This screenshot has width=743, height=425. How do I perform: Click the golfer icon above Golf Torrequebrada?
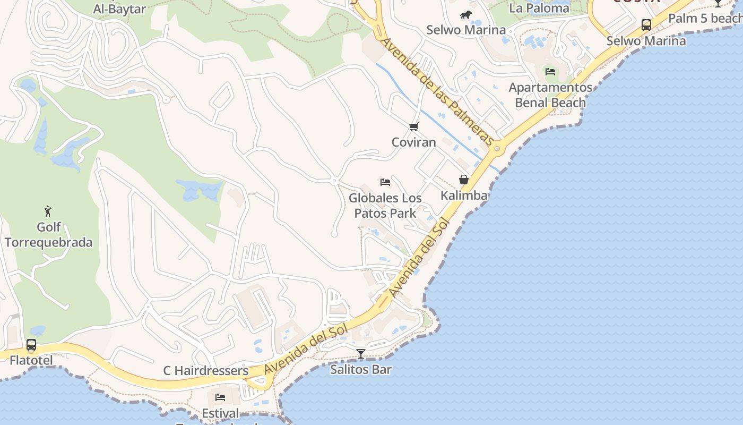coord(48,211)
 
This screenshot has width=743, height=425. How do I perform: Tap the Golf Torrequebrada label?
coord(49,235)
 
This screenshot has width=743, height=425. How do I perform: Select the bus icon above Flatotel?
coord(31,345)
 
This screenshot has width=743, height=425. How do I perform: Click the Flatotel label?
coord(31,361)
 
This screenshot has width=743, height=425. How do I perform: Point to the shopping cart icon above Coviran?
coord(413,127)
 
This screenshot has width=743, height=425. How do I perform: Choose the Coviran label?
coord(413,142)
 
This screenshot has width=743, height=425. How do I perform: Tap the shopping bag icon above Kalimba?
coord(464,180)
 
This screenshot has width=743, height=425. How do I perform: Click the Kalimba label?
coord(464,195)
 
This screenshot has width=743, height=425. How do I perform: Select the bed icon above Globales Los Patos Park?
coord(385,182)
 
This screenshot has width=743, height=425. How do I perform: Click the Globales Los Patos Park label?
coord(385,206)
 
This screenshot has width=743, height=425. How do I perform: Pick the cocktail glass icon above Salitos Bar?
coord(361,353)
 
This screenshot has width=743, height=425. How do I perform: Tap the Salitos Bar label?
coord(361,369)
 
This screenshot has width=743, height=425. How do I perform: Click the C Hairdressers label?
coord(206,371)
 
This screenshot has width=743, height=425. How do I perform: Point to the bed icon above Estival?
coord(220,397)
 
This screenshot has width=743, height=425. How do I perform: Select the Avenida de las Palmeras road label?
coord(436,91)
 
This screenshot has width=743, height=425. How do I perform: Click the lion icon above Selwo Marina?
coord(466,14)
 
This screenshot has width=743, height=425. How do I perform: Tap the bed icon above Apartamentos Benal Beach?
coord(550,71)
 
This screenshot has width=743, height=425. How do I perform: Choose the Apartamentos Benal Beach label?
coord(550,95)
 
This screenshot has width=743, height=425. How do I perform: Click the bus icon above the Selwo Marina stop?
coord(646,24)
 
